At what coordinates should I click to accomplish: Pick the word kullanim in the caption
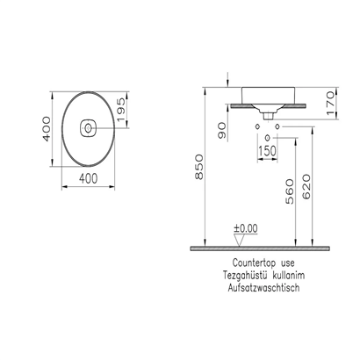point(296,275)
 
